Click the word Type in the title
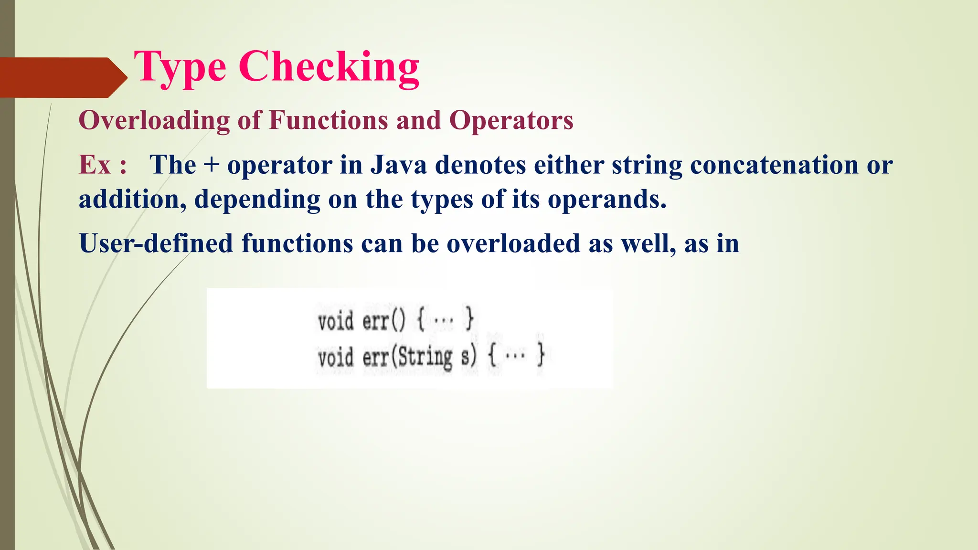[x=180, y=68]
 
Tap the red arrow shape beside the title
[x=62, y=77]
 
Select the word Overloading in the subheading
[x=154, y=120]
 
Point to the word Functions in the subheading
[x=329, y=120]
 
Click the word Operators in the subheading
[x=511, y=120]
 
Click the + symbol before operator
[x=212, y=166]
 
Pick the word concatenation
[x=774, y=165]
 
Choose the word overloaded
[x=513, y=243]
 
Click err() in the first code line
[x=383, y=320]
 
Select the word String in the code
[x=425, y=357]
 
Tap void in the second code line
[x=336, y=357]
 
